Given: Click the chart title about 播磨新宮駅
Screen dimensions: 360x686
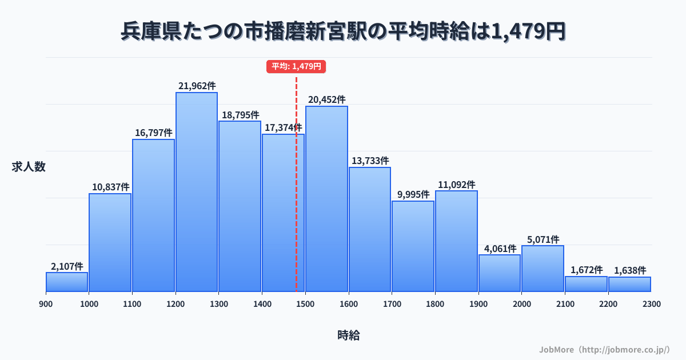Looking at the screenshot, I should (x=343, y=31).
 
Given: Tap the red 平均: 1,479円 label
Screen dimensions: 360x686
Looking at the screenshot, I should (x=296, y=66).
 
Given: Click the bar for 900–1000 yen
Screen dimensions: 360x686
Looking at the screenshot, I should (x=67, y=282).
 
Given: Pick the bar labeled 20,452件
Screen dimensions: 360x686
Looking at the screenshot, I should (x=326, y=198).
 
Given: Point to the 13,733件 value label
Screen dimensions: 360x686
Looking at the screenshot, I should (x=370, y=161).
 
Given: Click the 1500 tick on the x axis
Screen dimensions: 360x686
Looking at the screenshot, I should (x=305, y=304).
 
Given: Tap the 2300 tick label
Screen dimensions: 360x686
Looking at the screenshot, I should (x=651, y=304).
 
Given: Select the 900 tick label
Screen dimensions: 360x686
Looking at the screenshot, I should (x=46, y=304).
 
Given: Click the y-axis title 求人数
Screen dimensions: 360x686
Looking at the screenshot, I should (x=29, y=167).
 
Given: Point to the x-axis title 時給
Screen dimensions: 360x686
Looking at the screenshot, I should (x=348, y=335).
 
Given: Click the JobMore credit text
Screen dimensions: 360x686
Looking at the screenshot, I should (x=604, y=349).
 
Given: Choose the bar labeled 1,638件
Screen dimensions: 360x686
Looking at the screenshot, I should (x=629, y=284).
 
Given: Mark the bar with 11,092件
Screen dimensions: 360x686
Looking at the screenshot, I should (x=456, y=241).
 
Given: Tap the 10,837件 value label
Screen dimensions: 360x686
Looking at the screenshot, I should (x=110, y=187).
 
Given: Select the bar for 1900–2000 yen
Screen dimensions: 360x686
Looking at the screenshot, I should (x=500, y=273).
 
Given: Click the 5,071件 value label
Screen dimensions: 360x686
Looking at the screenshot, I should (x=543, y=239).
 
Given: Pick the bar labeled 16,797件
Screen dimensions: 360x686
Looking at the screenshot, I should (x=153, y=215).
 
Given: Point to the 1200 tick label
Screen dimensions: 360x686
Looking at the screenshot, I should (x=175, y=304).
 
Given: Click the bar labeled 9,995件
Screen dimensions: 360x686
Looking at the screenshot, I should (x=413, y=246).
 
